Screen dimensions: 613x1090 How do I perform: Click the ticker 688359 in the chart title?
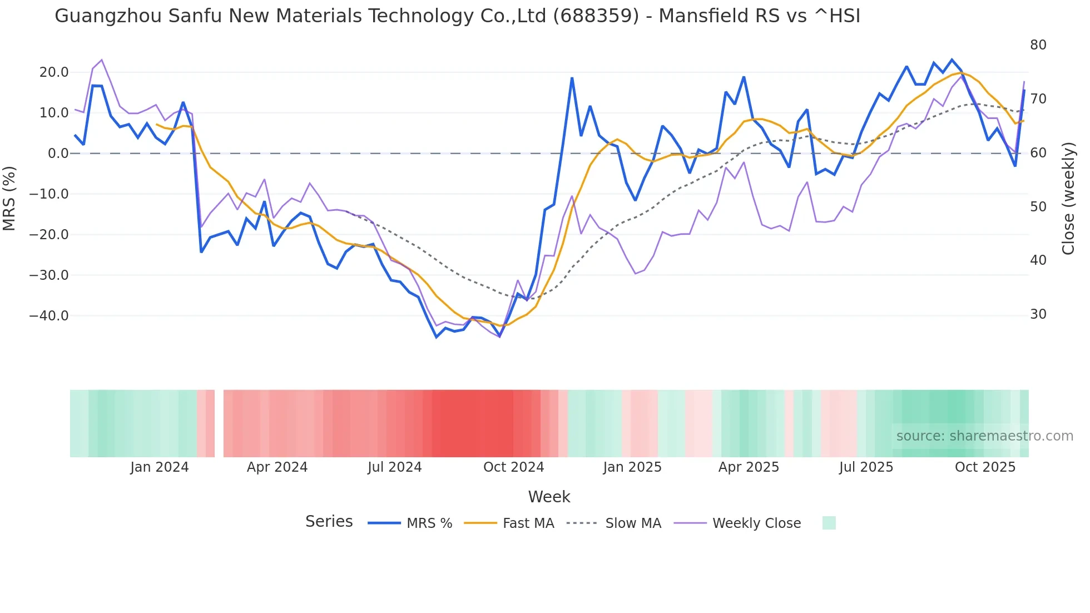coord(596,16)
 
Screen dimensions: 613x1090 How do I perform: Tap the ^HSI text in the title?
coord(837,16)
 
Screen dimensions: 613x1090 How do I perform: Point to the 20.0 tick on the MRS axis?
coord(54,72)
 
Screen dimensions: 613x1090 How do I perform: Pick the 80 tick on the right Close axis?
coord(1038,45)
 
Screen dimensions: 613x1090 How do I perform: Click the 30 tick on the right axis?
coord(1038,314)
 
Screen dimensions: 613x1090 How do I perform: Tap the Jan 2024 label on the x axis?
coord(160,467)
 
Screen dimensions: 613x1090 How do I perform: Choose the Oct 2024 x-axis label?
coord(513,467)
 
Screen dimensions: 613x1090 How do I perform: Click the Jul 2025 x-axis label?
coord(866,467)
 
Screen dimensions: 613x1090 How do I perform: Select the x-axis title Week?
coord(549,497)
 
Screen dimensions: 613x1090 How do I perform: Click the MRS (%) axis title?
coord(9,198)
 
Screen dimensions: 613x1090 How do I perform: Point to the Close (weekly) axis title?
coord(1068,199)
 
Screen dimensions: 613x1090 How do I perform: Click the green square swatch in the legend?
coord(829,523)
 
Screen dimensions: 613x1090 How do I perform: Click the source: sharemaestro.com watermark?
coord(984,436)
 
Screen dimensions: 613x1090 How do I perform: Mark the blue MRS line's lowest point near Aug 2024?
coord(437,337)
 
